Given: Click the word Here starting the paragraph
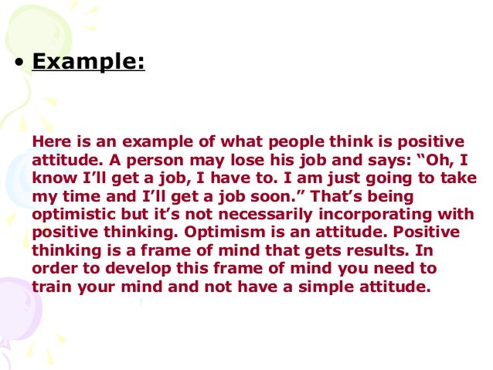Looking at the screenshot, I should (x=49, y=141).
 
